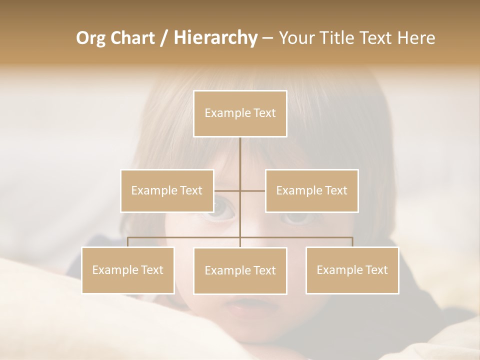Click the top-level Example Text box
240,113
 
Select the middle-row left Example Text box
167,190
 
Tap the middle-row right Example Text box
311,190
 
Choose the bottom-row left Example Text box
128,270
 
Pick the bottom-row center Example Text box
240,270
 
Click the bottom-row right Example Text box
352,270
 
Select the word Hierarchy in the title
215,38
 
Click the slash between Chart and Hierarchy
164,38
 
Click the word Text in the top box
264,113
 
